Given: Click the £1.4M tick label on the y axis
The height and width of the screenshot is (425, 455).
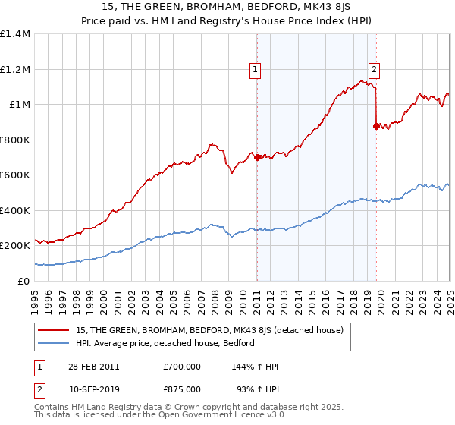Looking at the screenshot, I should pos(15,34).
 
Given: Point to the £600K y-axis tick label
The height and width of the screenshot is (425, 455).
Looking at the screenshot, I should pos(15,175).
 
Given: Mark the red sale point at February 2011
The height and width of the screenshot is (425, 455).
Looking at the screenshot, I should pos(257,158).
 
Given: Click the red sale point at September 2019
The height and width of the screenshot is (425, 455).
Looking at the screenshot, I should pos(376,127).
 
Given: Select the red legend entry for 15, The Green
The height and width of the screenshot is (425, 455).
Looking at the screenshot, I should pos(210,330).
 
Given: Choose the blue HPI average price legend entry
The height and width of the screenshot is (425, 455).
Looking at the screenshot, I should pos(165,343).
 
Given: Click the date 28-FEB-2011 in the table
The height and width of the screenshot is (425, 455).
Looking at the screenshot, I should pos(93,367).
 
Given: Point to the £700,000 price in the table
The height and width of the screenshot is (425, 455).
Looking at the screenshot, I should pos(181,367).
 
